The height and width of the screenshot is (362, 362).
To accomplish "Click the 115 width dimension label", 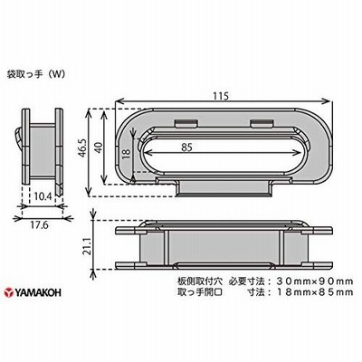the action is click(x=222, y=96).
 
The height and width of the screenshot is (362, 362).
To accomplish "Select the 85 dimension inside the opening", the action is click(x=187, y=147).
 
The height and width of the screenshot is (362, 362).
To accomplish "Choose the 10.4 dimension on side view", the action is click(x=43, y=196).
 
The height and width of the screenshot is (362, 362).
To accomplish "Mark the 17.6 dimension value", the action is click(x=39, y=225).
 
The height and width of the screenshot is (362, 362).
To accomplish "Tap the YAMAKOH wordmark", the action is click(x=38, y=292).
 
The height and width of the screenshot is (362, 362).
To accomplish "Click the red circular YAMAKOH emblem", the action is click(x=9, y=292).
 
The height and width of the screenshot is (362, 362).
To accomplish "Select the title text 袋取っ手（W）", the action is click(x=36, y=74).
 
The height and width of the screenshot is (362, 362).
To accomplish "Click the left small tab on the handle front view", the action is click(x=186, y=123).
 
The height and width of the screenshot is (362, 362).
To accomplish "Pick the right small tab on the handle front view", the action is click(x=262, y=123).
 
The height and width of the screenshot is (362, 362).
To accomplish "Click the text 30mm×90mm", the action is click(x=315, y=281).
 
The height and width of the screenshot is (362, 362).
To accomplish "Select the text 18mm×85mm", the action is click(x=315, y=292).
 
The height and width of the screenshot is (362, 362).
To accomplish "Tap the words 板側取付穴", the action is click(x=200, y=281).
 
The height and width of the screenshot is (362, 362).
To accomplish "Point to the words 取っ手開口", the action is click(x=200, y=292).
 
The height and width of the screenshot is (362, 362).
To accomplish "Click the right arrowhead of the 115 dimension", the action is click(x=328, y=101).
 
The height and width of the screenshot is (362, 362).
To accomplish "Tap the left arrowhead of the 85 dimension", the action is click(x=148, y=153).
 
